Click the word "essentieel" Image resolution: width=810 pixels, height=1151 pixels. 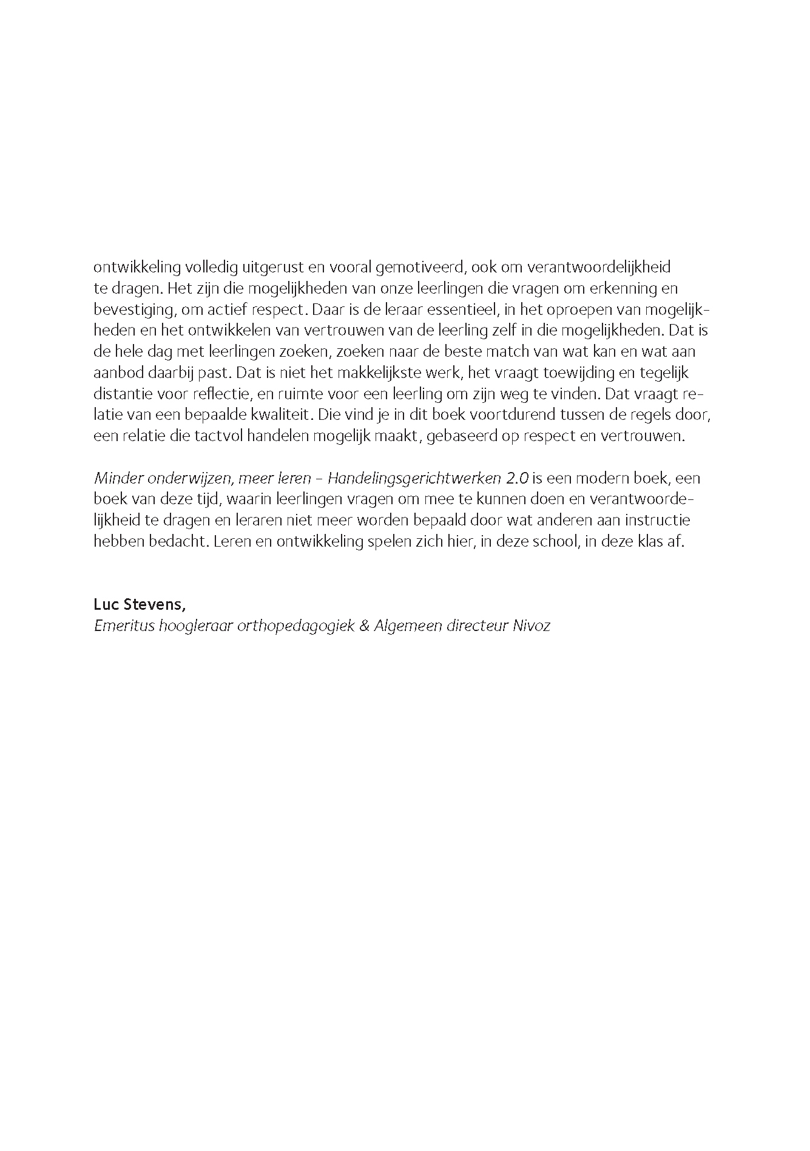[448, 309]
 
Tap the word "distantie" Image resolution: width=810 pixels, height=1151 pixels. [123, 394]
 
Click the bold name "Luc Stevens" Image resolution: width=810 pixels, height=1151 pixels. [140, 604]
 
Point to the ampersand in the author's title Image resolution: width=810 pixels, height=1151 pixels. [364, 626]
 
